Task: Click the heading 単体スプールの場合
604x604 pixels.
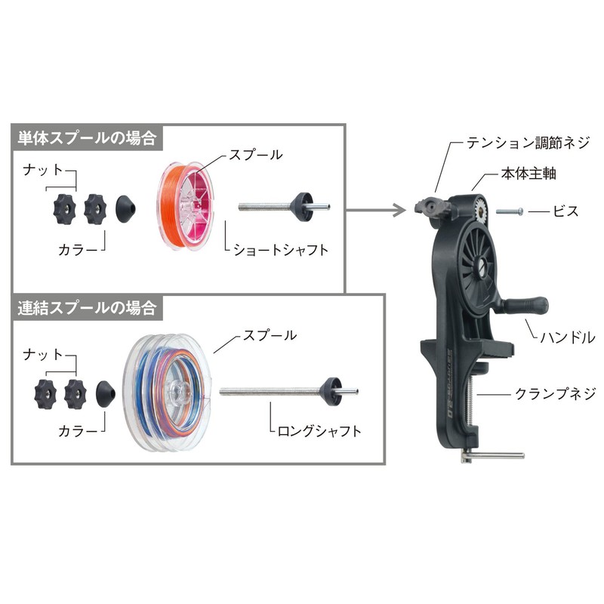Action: (x=86, y=137)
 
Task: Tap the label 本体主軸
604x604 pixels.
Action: (x=526, y=174)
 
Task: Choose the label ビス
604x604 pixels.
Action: (x=566, y=211)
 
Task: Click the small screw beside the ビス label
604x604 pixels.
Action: (x=510, y=212)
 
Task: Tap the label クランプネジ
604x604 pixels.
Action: (x=555, y=393)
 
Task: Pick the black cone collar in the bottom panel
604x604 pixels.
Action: (x=106, y=393)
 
